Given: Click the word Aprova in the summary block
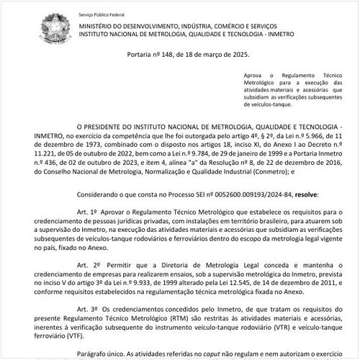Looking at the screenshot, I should pos(255,74).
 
